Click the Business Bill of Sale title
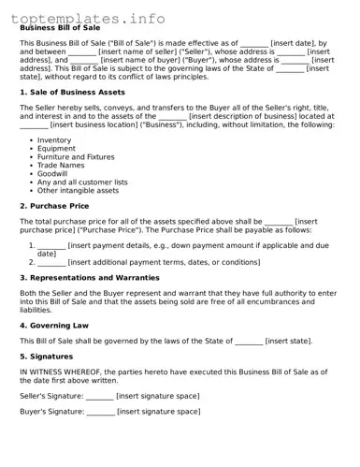pos(61,28)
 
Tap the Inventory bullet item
pos(54,139)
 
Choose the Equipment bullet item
pos(56,148)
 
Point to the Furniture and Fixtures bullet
pos(76,156)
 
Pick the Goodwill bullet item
pos(52,173)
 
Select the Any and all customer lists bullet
pos(82,182)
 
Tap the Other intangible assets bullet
pos(78,190)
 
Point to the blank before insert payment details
pos(51,245)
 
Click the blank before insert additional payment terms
pos(51,262)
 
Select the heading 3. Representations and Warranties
pos(90,278)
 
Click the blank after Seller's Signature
pos(99,396)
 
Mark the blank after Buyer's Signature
pos(100,412)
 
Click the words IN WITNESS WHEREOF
pos(57,372)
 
